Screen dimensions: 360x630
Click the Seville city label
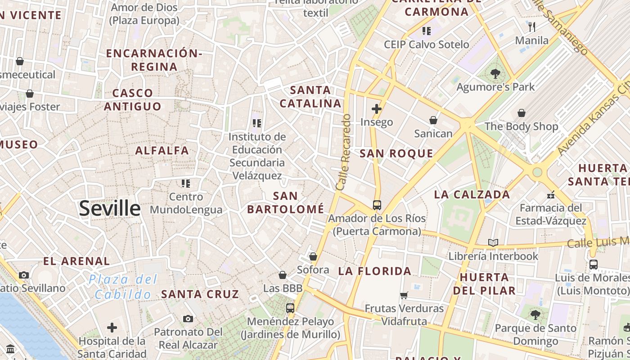110,208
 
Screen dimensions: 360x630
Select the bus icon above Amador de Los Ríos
377,205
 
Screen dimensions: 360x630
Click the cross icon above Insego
377,109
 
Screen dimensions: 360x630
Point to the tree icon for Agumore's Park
495,73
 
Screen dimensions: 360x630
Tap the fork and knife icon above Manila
532,27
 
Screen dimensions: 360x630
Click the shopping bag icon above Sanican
433,120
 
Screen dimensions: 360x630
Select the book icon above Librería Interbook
493,243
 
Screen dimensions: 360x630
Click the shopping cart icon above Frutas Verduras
404,296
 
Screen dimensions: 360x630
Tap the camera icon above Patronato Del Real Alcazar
188,319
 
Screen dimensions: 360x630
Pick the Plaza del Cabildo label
123,287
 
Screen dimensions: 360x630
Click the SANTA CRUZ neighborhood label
200,294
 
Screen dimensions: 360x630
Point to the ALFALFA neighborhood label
162,150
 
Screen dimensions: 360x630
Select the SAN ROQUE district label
396,153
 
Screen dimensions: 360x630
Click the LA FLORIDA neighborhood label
374,271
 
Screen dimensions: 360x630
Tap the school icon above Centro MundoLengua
186,183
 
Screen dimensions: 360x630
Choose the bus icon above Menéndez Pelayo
290,308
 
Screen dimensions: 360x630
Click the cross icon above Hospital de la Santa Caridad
112,328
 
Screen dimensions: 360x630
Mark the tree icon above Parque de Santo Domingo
535,315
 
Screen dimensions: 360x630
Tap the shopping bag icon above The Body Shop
521,113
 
